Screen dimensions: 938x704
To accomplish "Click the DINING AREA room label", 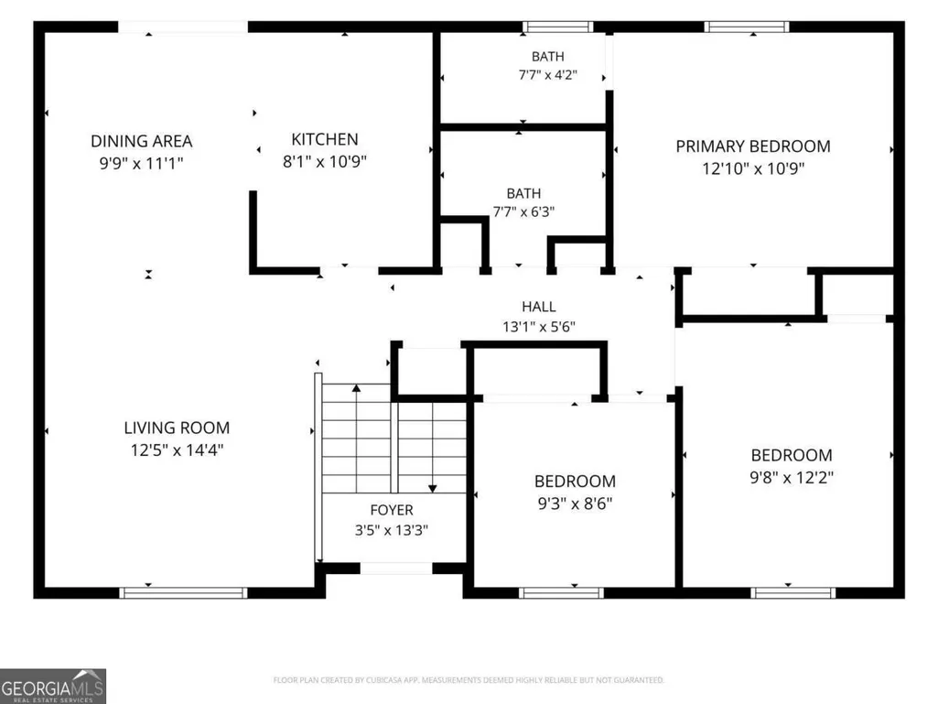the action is [141, 141].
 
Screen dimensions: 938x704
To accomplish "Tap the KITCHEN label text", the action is [325, 139].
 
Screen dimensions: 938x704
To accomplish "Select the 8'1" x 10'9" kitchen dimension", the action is [325, 162].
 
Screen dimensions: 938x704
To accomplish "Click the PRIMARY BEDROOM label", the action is [753, 146].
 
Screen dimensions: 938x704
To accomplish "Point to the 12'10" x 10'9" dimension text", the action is [753, 168].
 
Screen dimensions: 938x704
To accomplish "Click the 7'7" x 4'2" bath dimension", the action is [548, 75].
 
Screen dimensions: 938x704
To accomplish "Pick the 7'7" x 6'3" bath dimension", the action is [523, 211].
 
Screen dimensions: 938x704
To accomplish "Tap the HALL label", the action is [538, 307].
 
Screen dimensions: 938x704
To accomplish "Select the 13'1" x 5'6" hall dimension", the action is [538, 327].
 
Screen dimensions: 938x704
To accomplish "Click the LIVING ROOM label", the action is [177, 428].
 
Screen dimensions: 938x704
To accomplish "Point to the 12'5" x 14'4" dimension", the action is [177, 450].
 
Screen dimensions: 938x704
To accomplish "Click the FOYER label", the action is [392, 510].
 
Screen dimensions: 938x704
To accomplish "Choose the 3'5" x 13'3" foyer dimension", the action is [392, 530].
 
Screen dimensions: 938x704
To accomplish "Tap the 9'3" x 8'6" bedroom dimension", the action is [575, 504].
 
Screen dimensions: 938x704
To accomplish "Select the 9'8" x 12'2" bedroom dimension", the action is [792, 478].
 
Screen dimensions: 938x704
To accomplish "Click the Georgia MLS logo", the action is [53, 686].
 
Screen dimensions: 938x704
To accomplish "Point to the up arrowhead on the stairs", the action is [357, 388].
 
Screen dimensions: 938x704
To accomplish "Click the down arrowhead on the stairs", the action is [433, 489].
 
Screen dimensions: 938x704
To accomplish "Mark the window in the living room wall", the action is [183, 592].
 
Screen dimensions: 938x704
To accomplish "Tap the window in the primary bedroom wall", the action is [747, 27].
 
